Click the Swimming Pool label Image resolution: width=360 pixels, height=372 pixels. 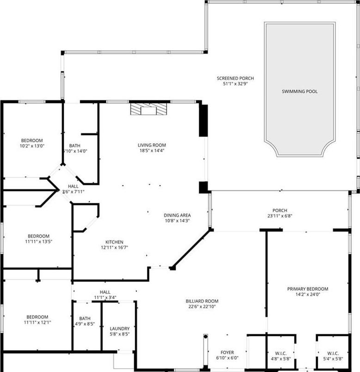[x=300, y=91]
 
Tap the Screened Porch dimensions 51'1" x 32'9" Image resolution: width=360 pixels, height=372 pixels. [x=235, y=84]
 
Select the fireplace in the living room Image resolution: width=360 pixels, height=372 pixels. [x=149, y=109]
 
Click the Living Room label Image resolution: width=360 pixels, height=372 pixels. [x=152, y=145]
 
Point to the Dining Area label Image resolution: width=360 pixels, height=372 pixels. [x=177, y=215]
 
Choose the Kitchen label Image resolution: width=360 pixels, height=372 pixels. [x=114, y=242]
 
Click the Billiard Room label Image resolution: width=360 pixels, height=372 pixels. [x=202, y=301]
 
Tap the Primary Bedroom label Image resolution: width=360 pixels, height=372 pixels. [x=308, y=289]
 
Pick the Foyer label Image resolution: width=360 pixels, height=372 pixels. [x=227, y=352]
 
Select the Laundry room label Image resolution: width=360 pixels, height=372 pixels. [x=120, y=329]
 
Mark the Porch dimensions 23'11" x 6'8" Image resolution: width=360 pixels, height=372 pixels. [x=279, y=216]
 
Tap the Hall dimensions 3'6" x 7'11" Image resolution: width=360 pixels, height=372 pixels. [x=73, y=192]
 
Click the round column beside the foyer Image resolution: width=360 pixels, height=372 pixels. [x=206, y=336]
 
